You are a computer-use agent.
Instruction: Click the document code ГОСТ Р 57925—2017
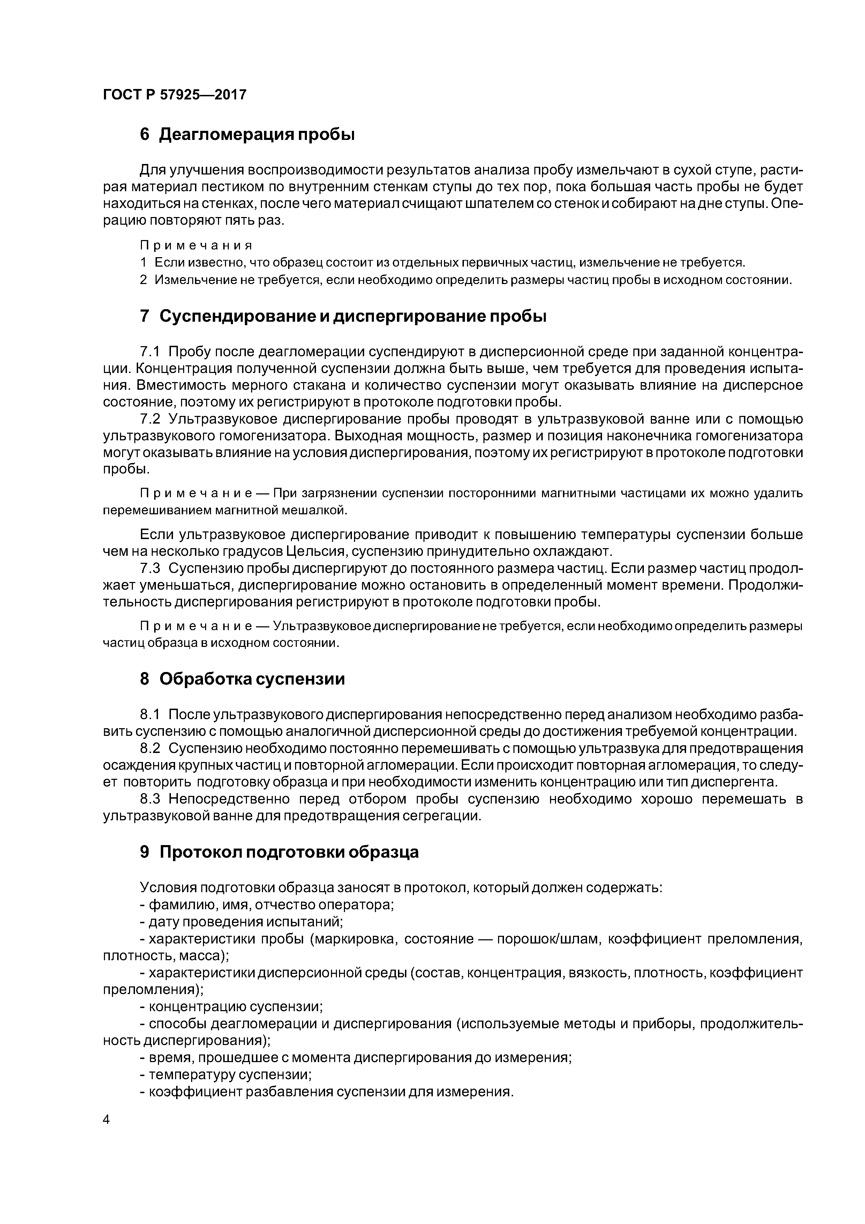click(x=174, y=95)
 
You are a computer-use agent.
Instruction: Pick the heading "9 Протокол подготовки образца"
click(x=279, y=852)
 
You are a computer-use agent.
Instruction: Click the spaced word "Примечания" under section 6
click(x=196, y=245)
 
